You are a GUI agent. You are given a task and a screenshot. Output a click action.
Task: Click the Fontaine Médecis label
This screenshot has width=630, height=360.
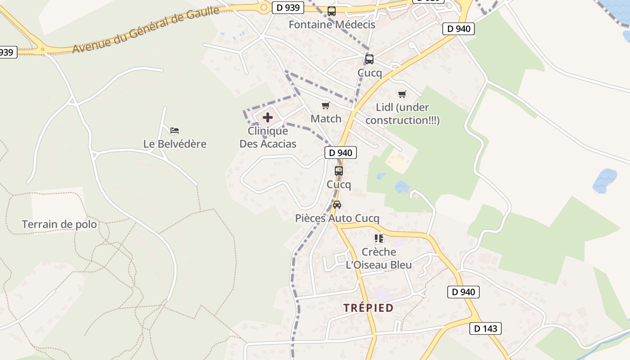coord(332,24)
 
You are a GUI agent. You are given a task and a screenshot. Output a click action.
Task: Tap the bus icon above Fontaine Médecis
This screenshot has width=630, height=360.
coord(332,11)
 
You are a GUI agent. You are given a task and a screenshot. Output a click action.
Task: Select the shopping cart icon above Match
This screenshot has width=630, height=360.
coord(326,106)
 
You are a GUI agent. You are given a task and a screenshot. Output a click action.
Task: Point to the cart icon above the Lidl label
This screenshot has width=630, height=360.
coord(402,94)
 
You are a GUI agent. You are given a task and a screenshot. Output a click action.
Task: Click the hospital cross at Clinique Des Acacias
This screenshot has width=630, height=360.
coord(268,118)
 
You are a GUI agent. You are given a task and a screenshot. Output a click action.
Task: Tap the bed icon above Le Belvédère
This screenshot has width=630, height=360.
coord(175,130)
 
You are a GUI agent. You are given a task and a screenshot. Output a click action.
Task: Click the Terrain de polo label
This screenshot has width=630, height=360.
coord(59,224)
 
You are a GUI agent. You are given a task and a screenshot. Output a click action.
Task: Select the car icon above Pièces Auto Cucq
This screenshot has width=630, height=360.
coord(337,205)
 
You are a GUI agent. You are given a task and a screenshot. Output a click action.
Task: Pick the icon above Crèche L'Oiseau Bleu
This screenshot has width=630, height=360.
coord(379,238)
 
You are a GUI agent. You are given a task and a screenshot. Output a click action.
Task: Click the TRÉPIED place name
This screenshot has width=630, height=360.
coord(369,308)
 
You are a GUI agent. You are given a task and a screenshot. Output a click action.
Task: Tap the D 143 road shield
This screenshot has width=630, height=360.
coord(486,328)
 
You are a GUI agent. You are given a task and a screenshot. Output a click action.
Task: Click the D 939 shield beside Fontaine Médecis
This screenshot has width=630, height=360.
coord(288,7)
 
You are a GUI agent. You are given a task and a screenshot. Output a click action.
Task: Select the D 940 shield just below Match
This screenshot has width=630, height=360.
coord(341,153)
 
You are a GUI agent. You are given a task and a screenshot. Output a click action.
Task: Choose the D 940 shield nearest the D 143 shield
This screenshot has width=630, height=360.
coord(463,292)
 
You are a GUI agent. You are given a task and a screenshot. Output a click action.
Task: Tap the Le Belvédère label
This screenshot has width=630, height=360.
coord(175,144)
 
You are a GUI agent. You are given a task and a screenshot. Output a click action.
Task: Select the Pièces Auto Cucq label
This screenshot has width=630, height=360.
coord(337,218)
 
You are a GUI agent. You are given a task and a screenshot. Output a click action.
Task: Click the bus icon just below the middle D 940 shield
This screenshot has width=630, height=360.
coord(339,171)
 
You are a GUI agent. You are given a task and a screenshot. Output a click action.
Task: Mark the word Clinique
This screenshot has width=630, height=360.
coord(268,131)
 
